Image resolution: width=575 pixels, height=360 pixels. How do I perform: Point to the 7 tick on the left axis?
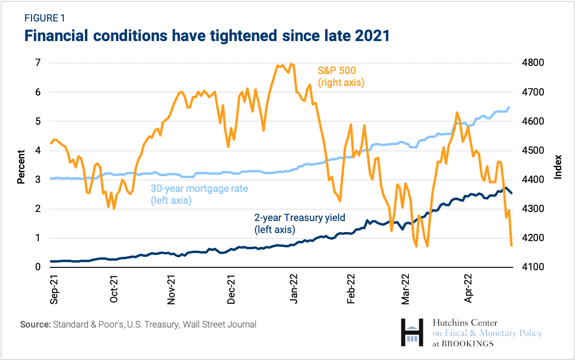(37, 63)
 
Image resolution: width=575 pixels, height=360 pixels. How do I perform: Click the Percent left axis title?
(21, 167)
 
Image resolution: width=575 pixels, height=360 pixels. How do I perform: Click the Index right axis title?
(557, 167)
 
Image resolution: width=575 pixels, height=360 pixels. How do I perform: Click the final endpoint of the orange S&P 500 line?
(511, 245)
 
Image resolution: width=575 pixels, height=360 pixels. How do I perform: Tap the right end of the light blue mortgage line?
(509, 107)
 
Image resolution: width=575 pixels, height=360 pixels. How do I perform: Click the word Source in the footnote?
(34, 325)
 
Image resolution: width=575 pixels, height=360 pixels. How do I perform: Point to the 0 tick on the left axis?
(37, 267)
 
